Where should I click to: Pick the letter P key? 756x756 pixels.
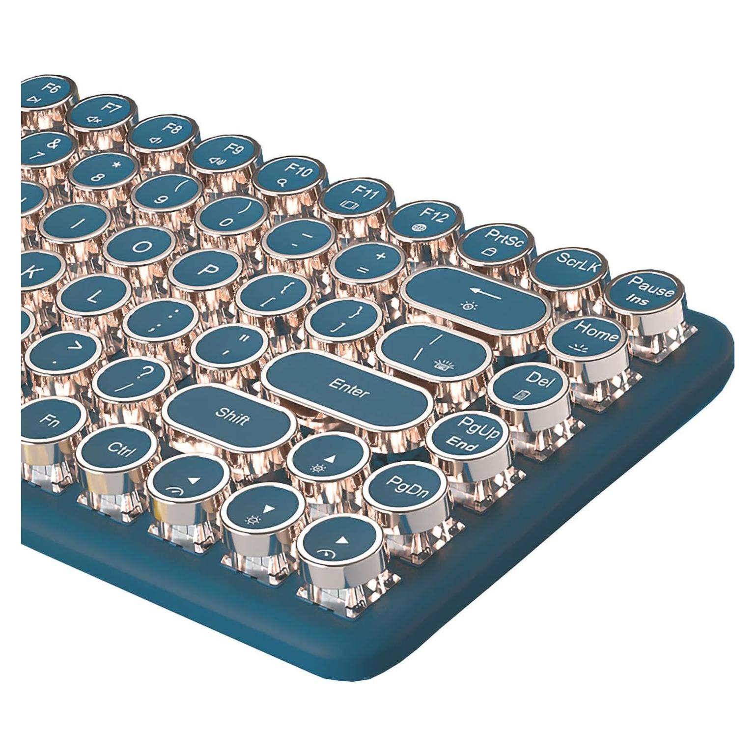point(207,270)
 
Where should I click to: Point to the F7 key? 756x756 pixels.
point(102,114)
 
